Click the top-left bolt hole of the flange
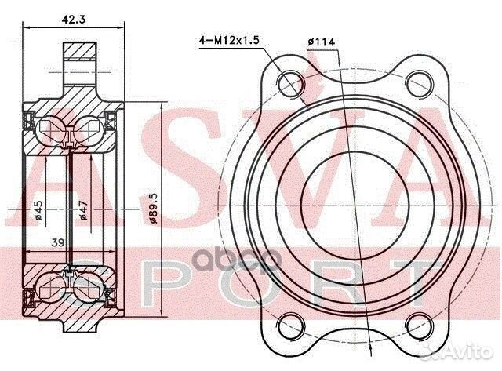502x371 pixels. [292, 81]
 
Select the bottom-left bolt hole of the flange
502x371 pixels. [292, 321]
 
